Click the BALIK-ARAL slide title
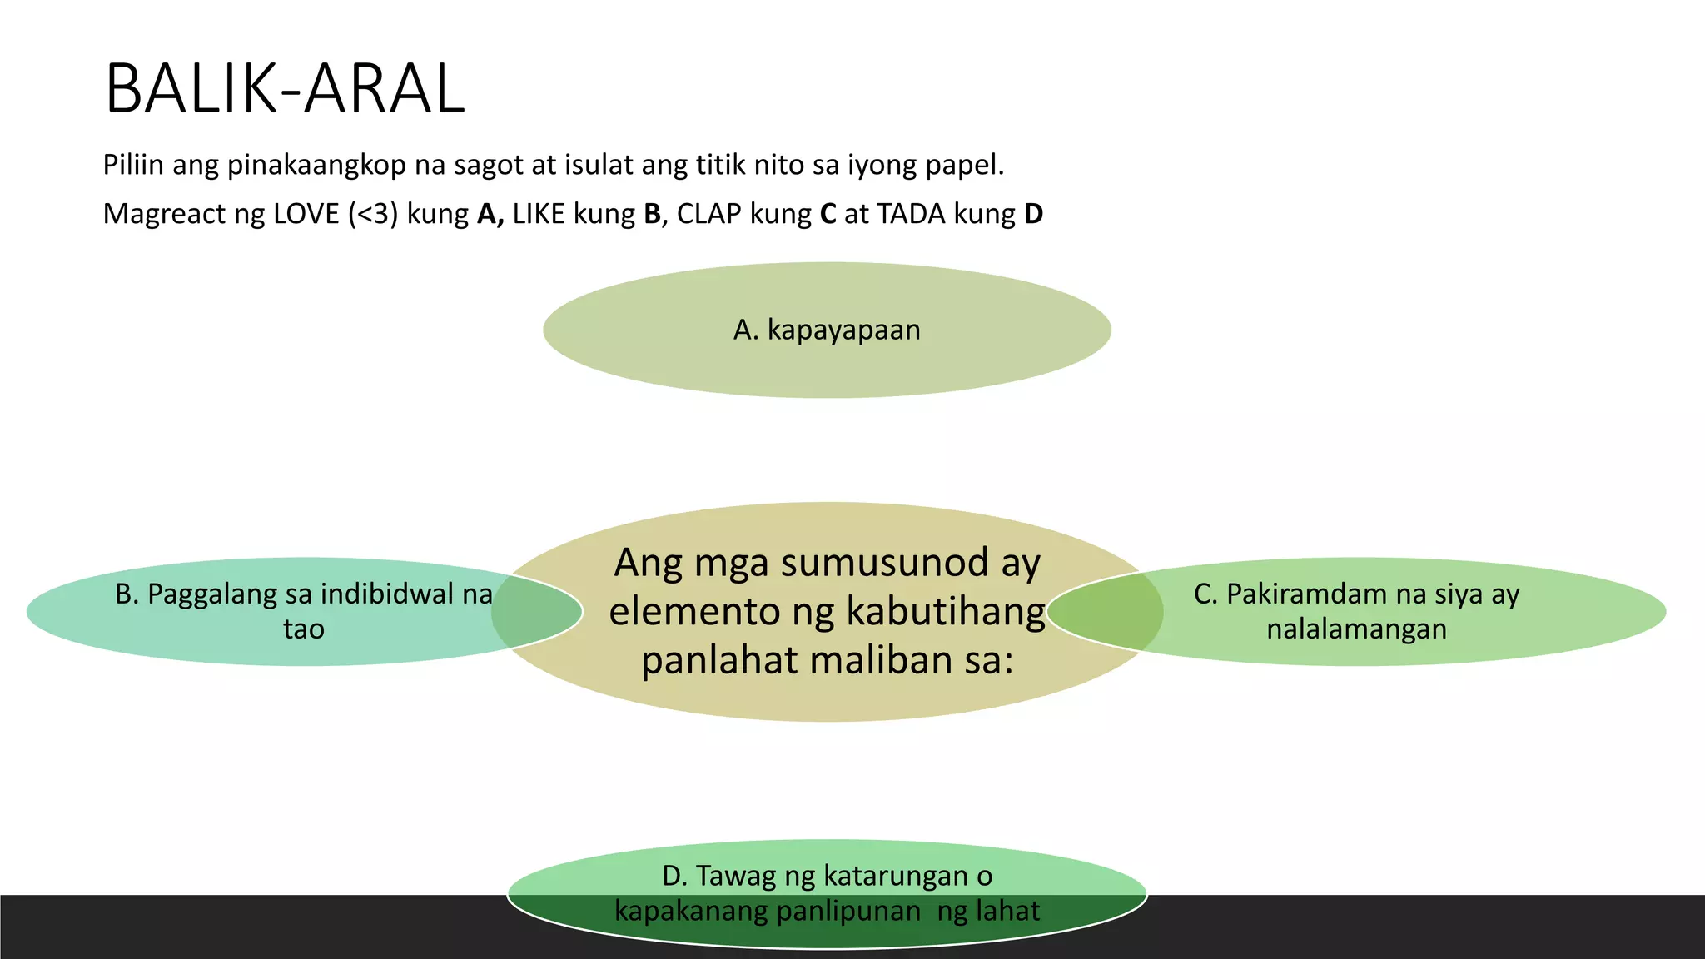tap(285, 89)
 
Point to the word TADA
tap(911, 214)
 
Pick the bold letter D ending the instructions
tap(1033, 214)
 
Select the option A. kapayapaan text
tap(827, 330)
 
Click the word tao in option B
tap(304, 629)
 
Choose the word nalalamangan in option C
tap(1356, 629)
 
